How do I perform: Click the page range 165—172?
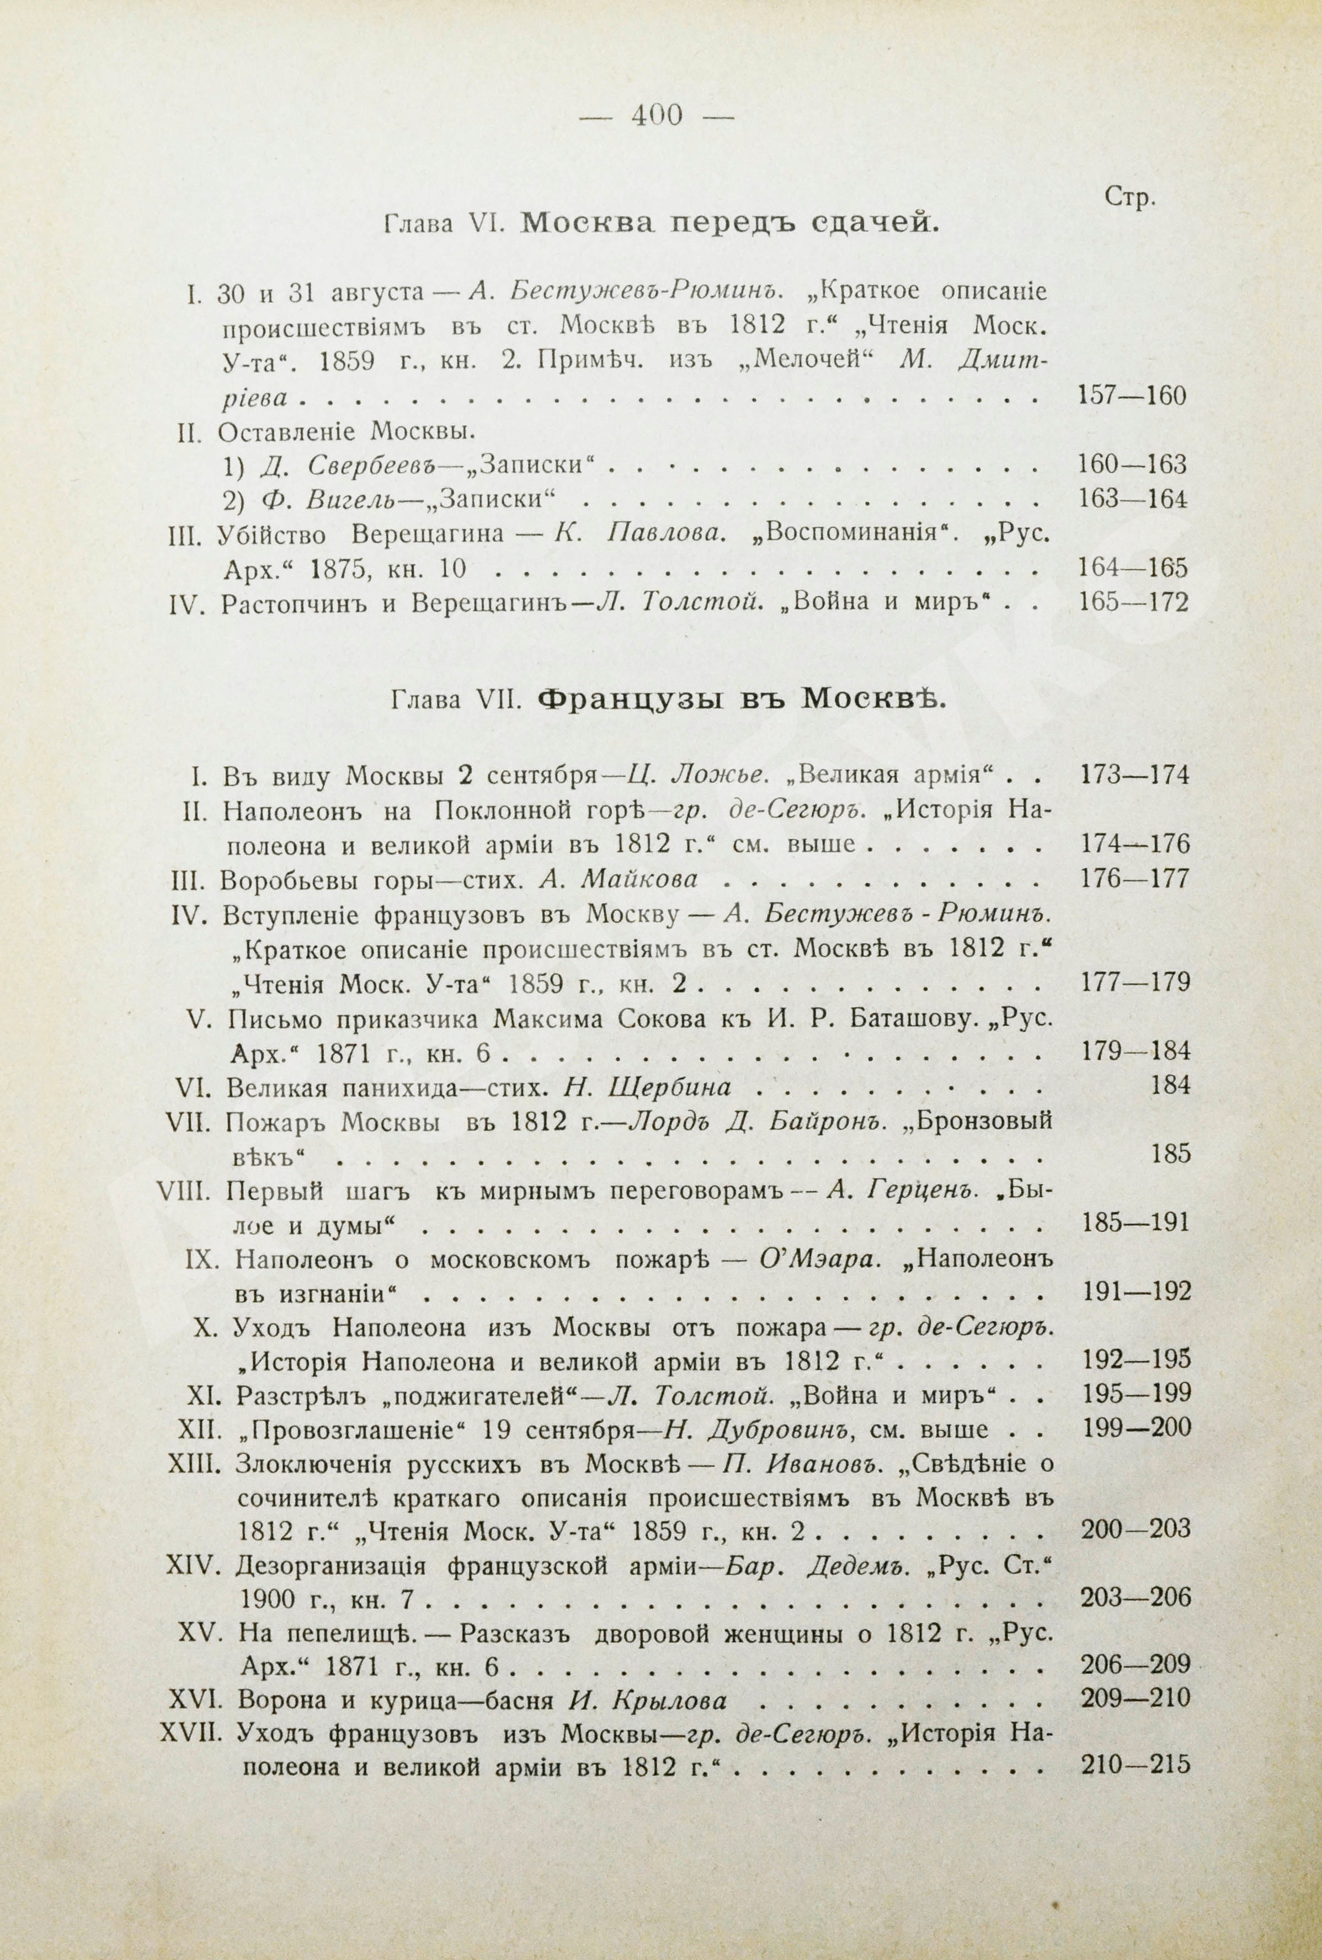pos(1132,603)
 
